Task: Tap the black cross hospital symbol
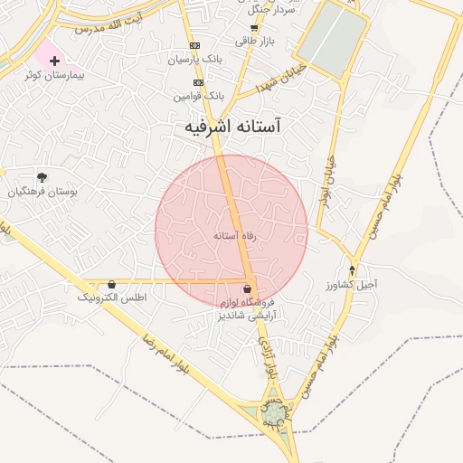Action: point(55,61)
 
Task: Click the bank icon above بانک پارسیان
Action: point(194,45)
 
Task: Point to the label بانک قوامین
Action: point(201,95)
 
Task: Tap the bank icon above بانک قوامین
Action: point(199,82)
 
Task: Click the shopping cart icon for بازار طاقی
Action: point(254,27)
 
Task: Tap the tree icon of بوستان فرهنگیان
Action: point(42,176)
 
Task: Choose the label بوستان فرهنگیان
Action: point(43,192)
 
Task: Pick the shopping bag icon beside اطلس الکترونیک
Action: point(111,284)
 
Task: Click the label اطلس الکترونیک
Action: point(112,297)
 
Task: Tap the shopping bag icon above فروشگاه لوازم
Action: point(248,289)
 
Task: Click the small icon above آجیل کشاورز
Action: point(353,270)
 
